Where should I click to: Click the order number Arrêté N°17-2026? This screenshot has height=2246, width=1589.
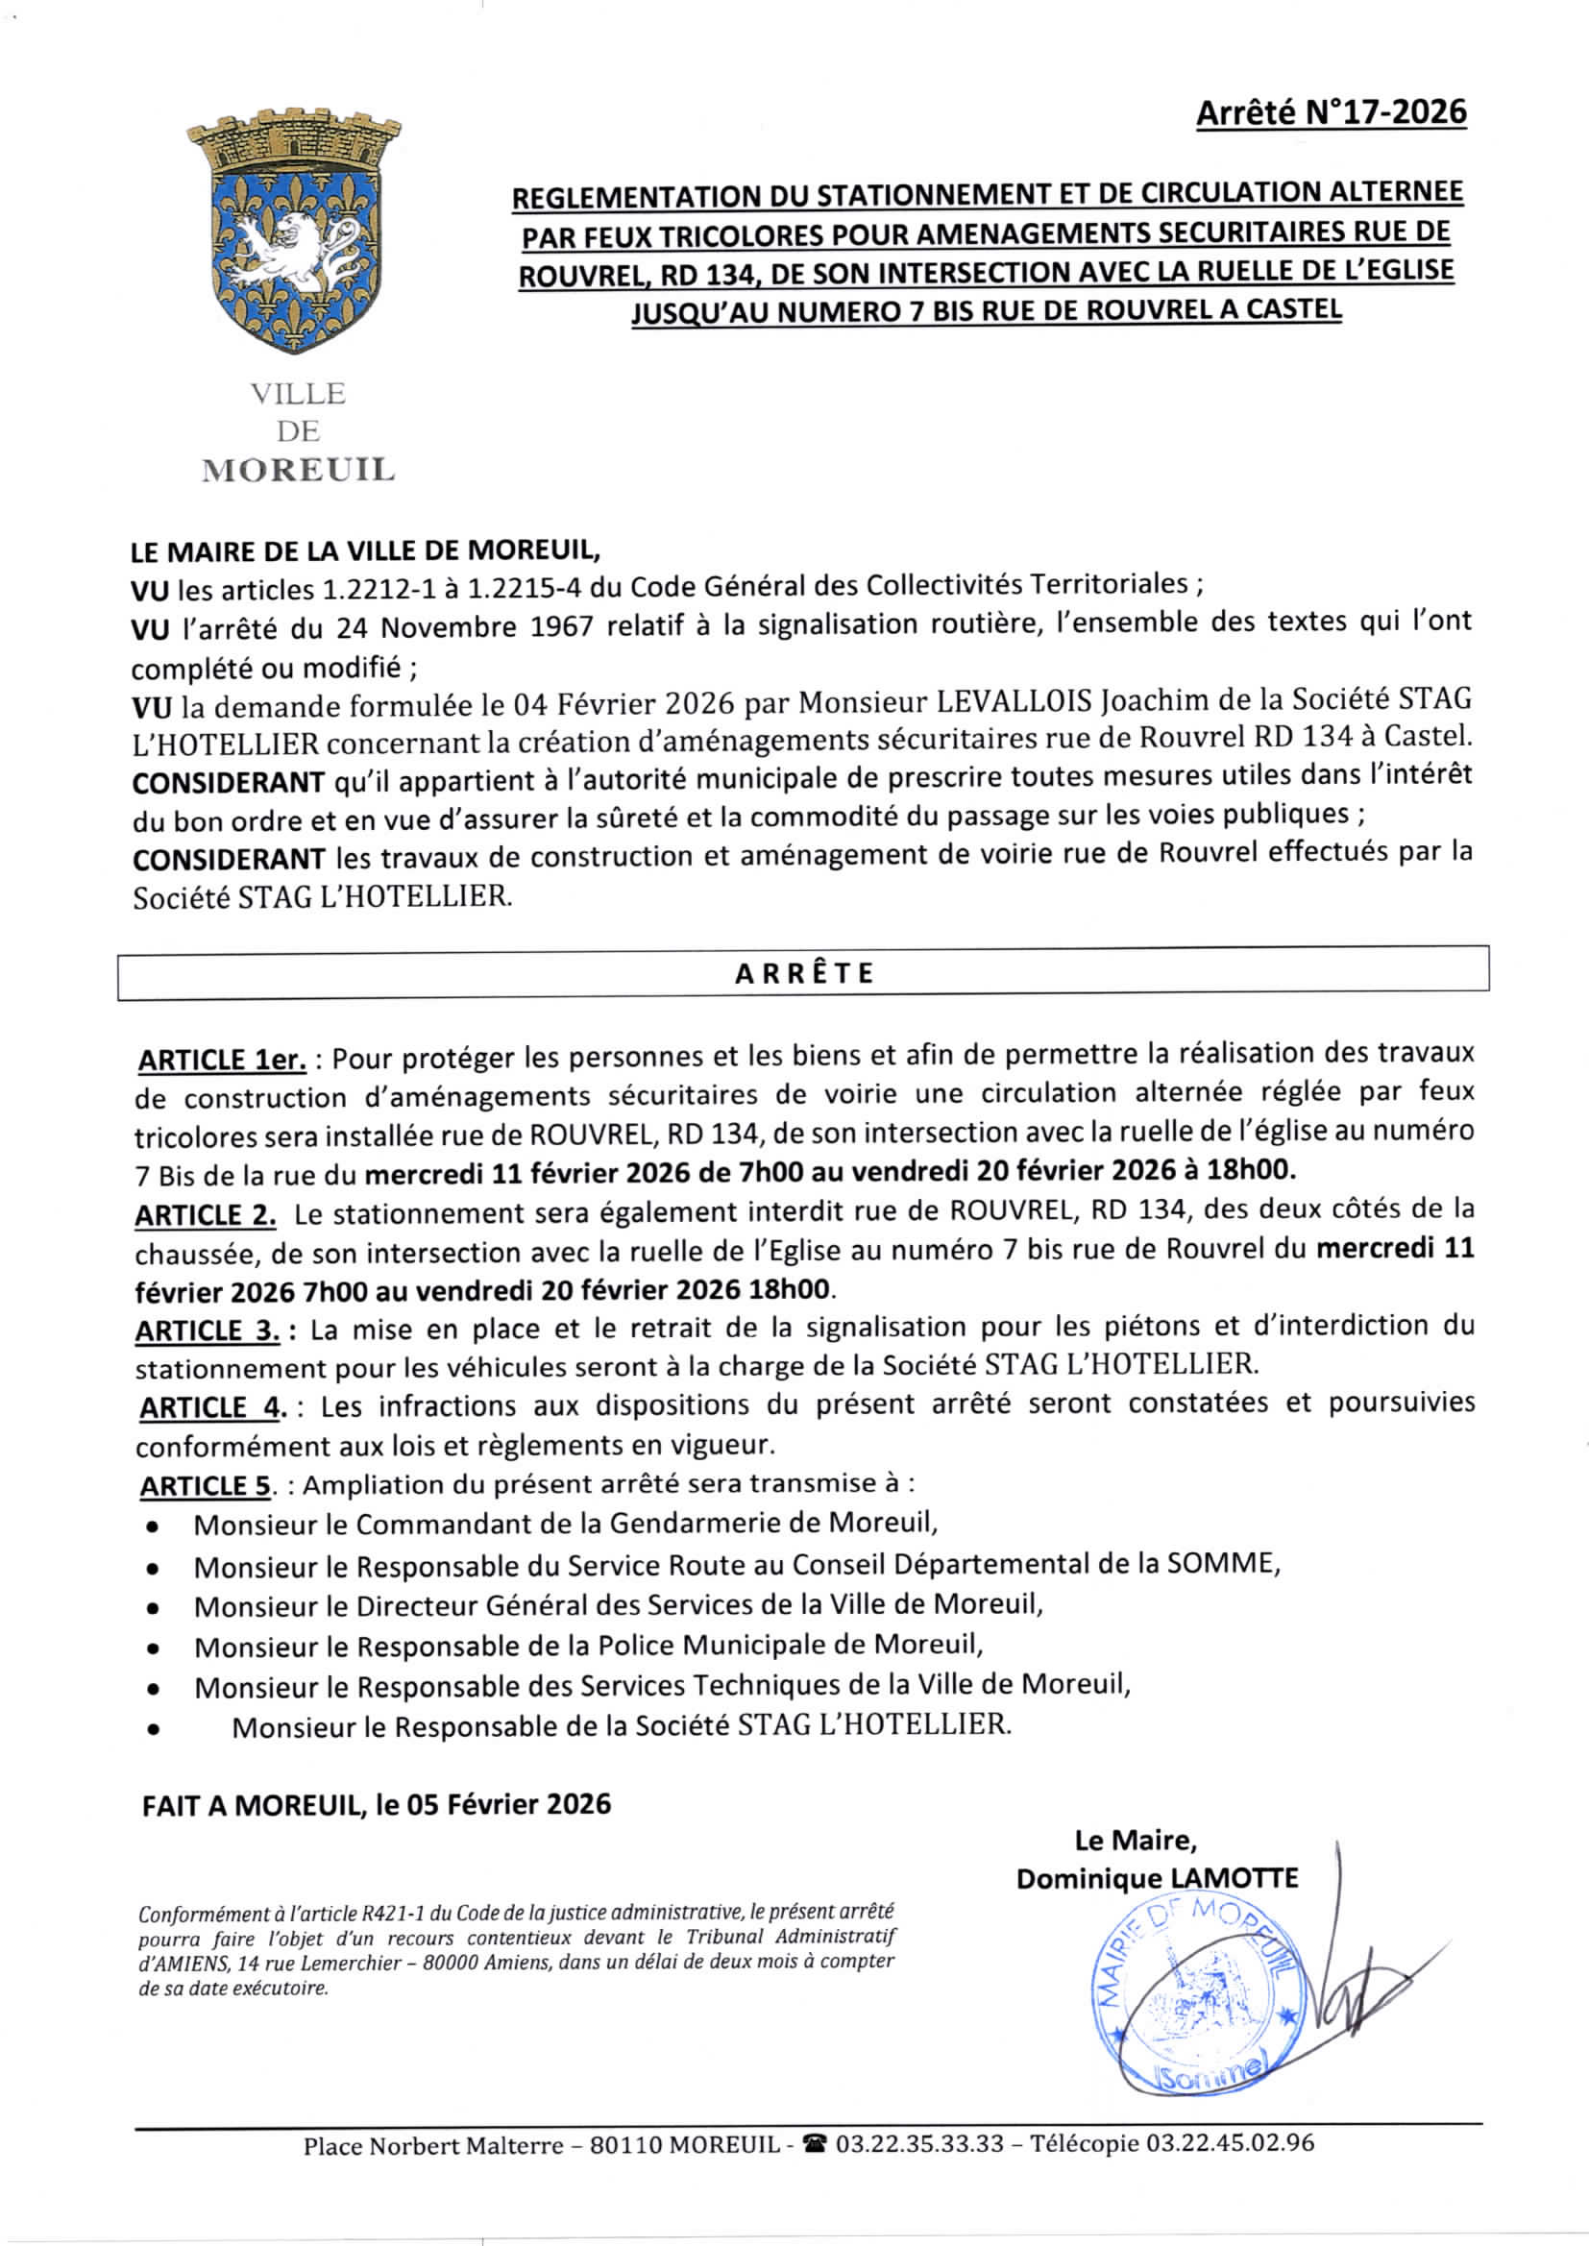coord(1331,112)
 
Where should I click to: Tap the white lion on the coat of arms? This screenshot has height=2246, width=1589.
coord(294,245)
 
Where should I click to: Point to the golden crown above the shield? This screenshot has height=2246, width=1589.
coord(294,142)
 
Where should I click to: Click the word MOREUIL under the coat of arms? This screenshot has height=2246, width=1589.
coord(299,471)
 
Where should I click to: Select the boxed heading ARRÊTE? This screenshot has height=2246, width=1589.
coord(803,974)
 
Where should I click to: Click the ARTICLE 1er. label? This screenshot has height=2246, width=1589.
coord(222,1061)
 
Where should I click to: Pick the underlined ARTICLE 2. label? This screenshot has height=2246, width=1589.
coord(206,1216)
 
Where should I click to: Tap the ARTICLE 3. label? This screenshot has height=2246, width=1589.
coord(208,1331)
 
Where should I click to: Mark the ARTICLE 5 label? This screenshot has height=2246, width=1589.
coord(204,1486)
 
